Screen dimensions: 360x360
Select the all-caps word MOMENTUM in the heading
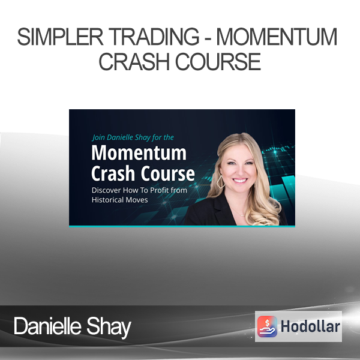point(277,37)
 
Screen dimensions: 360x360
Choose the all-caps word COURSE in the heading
point(218,62)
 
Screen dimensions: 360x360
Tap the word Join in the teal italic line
point(98,137)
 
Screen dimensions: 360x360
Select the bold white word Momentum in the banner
point(139,152)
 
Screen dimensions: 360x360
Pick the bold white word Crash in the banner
point(113,173)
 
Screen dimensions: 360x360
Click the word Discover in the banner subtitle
point(106,190)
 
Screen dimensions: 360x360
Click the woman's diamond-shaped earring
point(221,182)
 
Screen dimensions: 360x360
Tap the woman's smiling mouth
point(240,181)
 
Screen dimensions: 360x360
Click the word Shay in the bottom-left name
point(109,327)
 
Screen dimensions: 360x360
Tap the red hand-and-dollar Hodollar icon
point(267,326)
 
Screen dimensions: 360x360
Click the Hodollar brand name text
point(310,326)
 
